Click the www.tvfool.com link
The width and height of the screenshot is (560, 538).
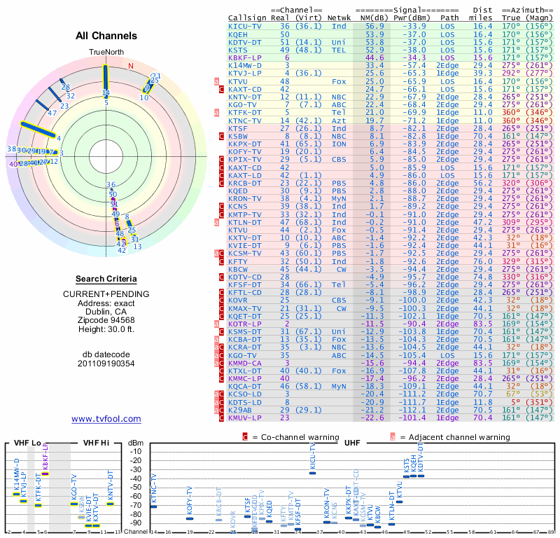tap(106, 419)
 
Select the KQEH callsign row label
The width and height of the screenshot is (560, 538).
tap(238, 34)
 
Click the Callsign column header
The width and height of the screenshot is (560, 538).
tap(247, 18)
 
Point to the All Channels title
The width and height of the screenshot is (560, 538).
tap(106, 36)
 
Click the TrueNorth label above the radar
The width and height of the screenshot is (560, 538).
tap(106, 53)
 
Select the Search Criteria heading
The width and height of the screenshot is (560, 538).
tap(106, 278)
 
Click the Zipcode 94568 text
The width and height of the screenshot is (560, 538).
tap(106, 320)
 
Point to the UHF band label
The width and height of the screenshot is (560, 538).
tap(351, 443)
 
